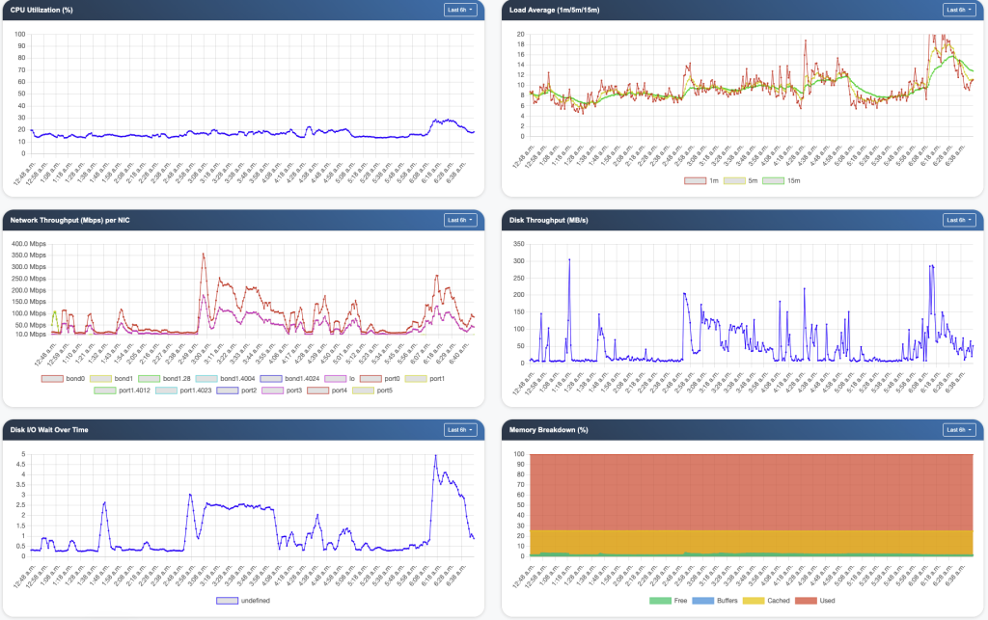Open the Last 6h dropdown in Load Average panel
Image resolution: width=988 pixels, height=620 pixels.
958,10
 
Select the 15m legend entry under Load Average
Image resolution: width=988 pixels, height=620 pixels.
787,180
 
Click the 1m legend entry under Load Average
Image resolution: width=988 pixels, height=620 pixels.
706,180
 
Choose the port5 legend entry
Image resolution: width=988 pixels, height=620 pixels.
376,391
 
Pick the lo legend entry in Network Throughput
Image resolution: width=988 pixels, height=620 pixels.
343,379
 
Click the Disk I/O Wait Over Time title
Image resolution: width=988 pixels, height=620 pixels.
49,429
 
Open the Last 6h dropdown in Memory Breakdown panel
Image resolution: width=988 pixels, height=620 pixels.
958,429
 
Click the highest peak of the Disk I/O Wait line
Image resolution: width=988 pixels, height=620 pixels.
435,456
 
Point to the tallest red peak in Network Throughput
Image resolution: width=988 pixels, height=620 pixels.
204,255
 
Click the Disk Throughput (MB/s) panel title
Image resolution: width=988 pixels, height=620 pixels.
547,220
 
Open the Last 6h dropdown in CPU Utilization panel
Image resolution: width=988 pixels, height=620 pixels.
459,10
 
